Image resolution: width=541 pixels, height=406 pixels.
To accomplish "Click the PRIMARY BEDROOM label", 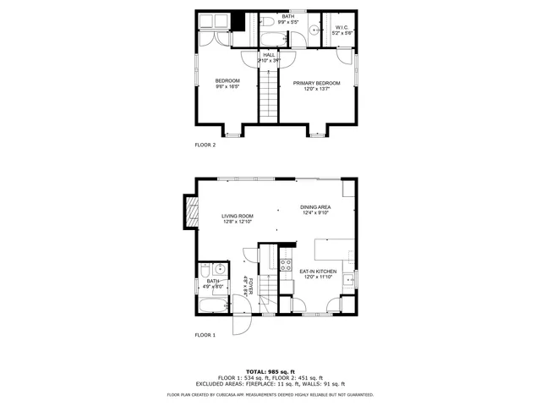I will pos(316,83).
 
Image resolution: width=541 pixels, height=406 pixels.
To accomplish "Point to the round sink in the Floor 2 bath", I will pos(314,30).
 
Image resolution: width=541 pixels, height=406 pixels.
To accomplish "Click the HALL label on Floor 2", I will pos(268,55).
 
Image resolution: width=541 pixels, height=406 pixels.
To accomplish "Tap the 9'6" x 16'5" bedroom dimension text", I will pos(227,86).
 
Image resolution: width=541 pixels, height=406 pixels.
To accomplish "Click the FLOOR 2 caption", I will pos(205,145).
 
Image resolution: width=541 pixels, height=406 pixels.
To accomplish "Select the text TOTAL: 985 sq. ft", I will pos(270,371).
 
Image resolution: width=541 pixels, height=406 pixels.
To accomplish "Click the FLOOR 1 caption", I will pos(205,336).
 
